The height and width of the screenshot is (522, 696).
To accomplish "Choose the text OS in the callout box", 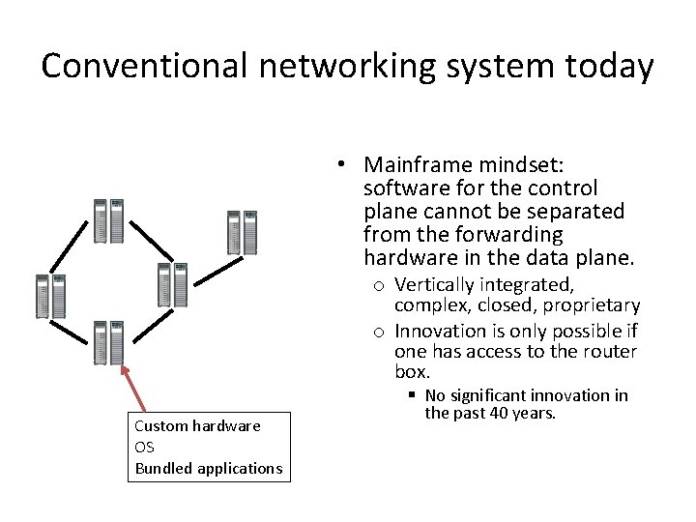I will pos(145,447).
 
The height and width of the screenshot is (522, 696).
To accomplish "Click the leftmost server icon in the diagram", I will pos(50,297).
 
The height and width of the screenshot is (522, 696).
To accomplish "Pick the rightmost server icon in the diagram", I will pos(242,231).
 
